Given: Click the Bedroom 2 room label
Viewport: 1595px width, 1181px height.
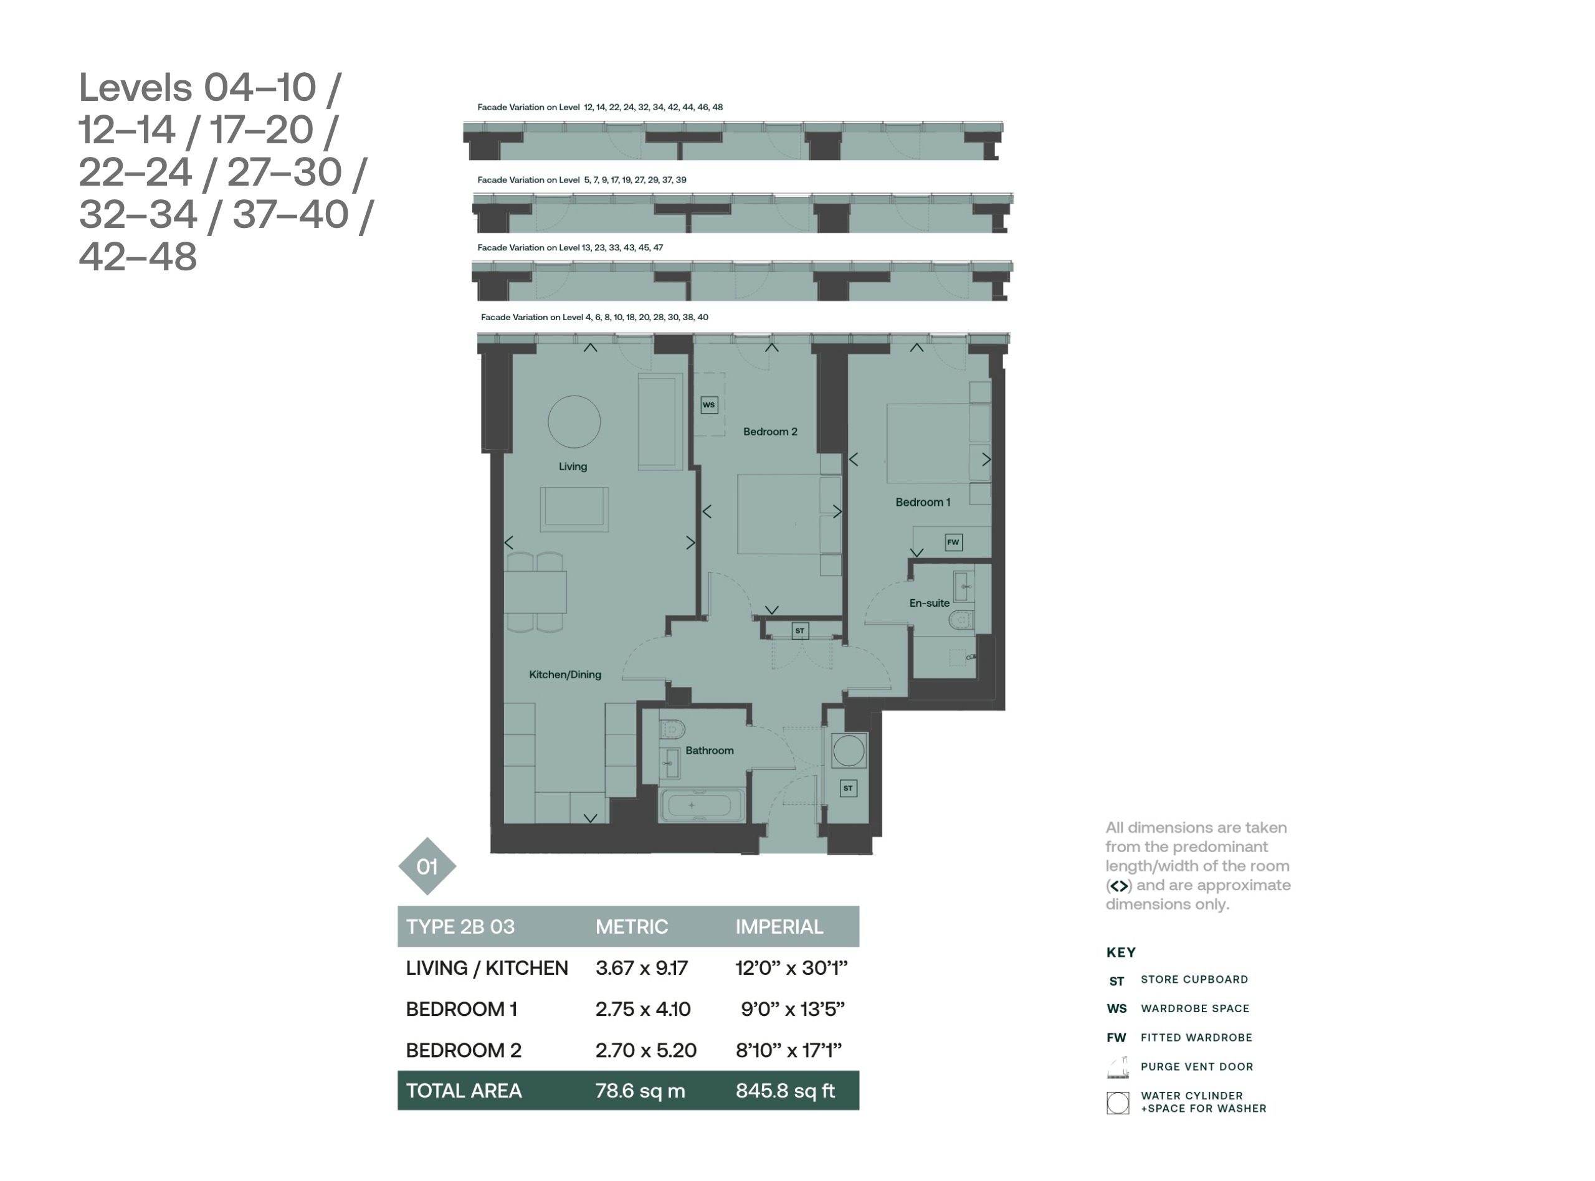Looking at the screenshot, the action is pos(770,432).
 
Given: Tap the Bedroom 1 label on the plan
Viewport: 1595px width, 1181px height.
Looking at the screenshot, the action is pos(923,503).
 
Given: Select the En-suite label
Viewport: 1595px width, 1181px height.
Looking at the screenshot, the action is pos(930,604).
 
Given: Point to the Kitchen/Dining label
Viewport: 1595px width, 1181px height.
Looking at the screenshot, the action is pos(564,675).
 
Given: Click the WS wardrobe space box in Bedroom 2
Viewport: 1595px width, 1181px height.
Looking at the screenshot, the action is pos(708,405).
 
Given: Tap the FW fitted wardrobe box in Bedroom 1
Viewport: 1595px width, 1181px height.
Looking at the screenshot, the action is pos(953,542).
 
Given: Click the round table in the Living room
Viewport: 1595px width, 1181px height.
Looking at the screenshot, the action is pos(574,422).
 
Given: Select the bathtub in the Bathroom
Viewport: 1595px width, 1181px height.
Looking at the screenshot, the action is pos(702,805).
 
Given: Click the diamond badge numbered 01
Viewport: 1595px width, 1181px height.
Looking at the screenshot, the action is pos(427,866).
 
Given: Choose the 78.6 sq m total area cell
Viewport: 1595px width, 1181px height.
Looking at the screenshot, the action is pos(640,1091).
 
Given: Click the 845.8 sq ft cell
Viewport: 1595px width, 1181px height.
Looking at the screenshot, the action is pos(785,1091).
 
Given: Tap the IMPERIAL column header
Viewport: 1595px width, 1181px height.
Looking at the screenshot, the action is pos(779,927).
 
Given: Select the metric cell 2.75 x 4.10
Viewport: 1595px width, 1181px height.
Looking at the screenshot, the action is pos(643,1010).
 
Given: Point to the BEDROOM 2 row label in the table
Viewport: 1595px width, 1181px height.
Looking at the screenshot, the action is pos(464,1050).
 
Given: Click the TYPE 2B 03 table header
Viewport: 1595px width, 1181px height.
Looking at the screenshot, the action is pos(460,927).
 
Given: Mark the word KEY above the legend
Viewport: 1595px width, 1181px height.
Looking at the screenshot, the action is pos(1120,953).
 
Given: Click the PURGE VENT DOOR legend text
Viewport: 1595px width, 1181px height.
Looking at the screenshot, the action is pos(1197,1066).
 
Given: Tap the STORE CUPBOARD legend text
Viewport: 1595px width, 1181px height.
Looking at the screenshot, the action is pos(1194,979).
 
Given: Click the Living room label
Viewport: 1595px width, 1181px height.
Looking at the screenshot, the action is pos(573,467).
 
